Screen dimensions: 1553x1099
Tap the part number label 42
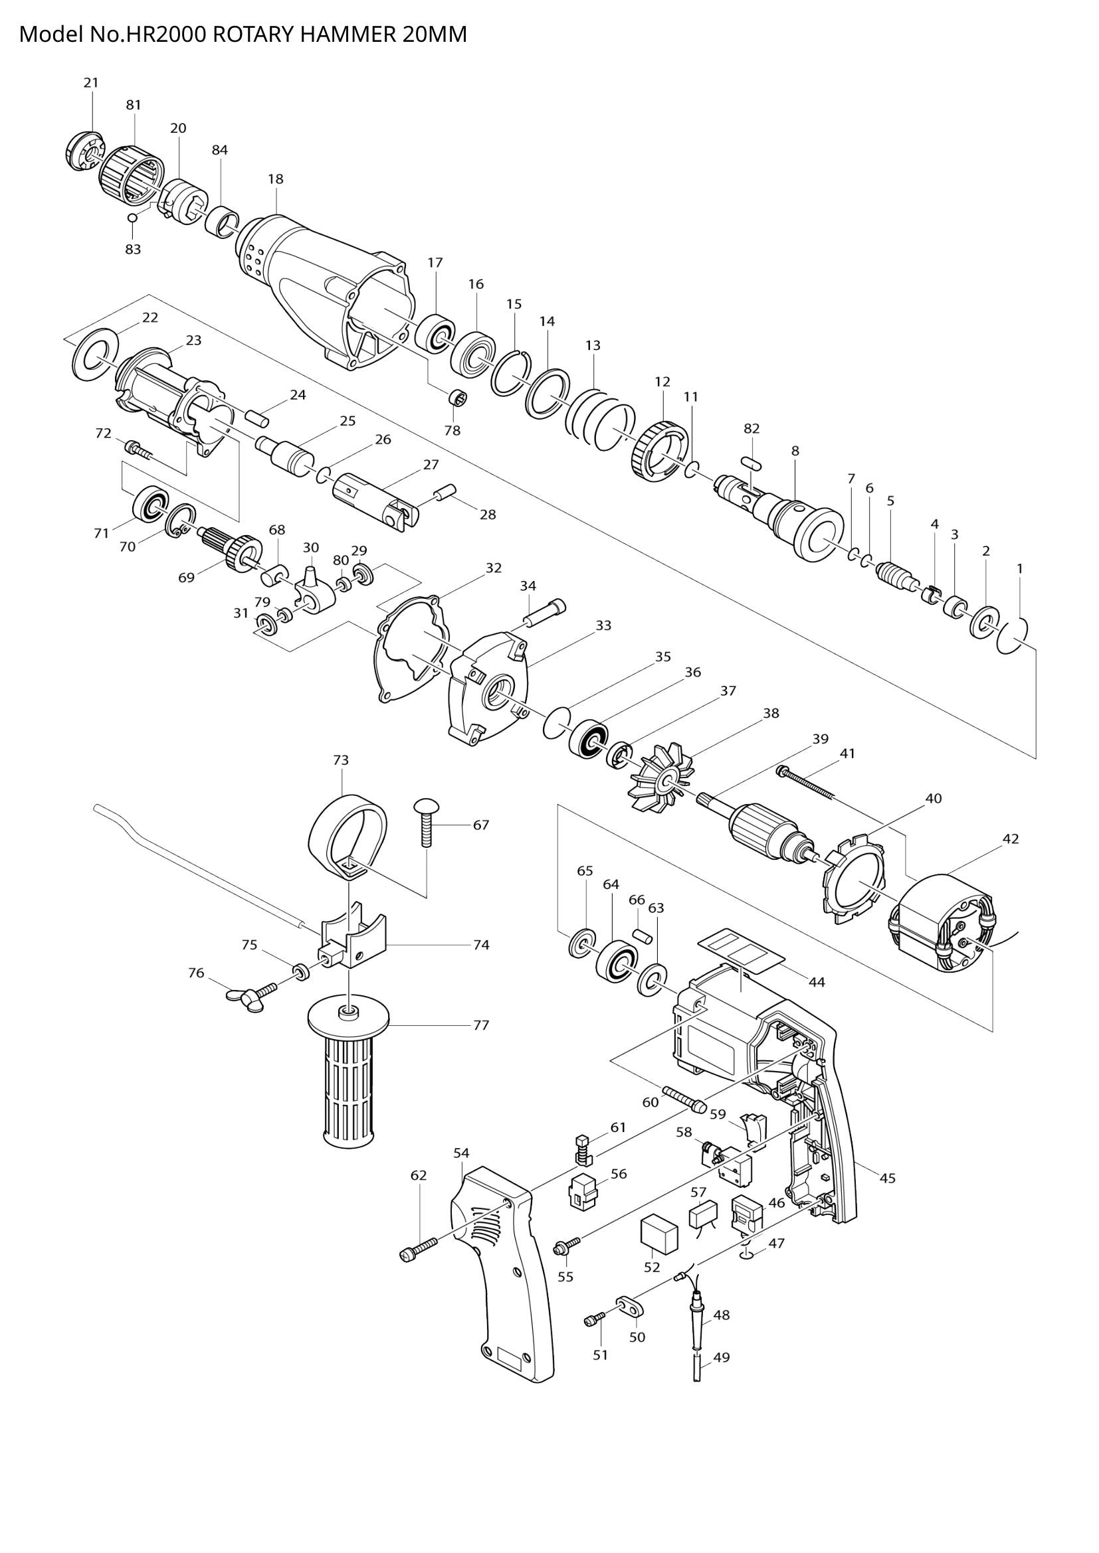click(x=1011, y=839)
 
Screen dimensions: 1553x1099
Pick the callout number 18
click(x=276, y=179)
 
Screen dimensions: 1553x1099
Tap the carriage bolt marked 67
click(x=426, y=823)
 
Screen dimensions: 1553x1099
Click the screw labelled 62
click(x=419, y=1246)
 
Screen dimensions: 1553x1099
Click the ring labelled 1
click(x=1013, y=635)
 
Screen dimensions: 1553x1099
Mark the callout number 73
click(x=340, y=760)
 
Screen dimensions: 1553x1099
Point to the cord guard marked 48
click(x=697, y=1323)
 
